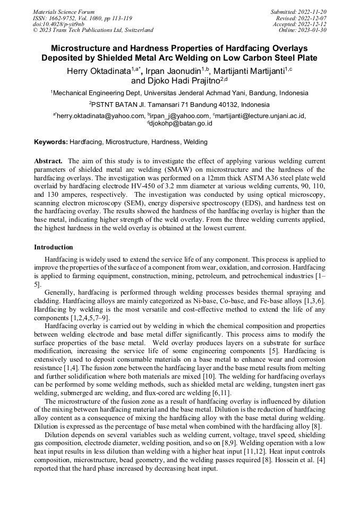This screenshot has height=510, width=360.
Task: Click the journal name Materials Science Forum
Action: (64, 12)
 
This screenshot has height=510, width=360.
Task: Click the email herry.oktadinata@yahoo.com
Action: (100, 116)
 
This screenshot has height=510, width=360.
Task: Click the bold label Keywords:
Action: (51, 142)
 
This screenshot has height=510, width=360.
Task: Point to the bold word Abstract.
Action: (49, 161)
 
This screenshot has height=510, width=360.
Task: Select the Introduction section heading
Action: (54, 247)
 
